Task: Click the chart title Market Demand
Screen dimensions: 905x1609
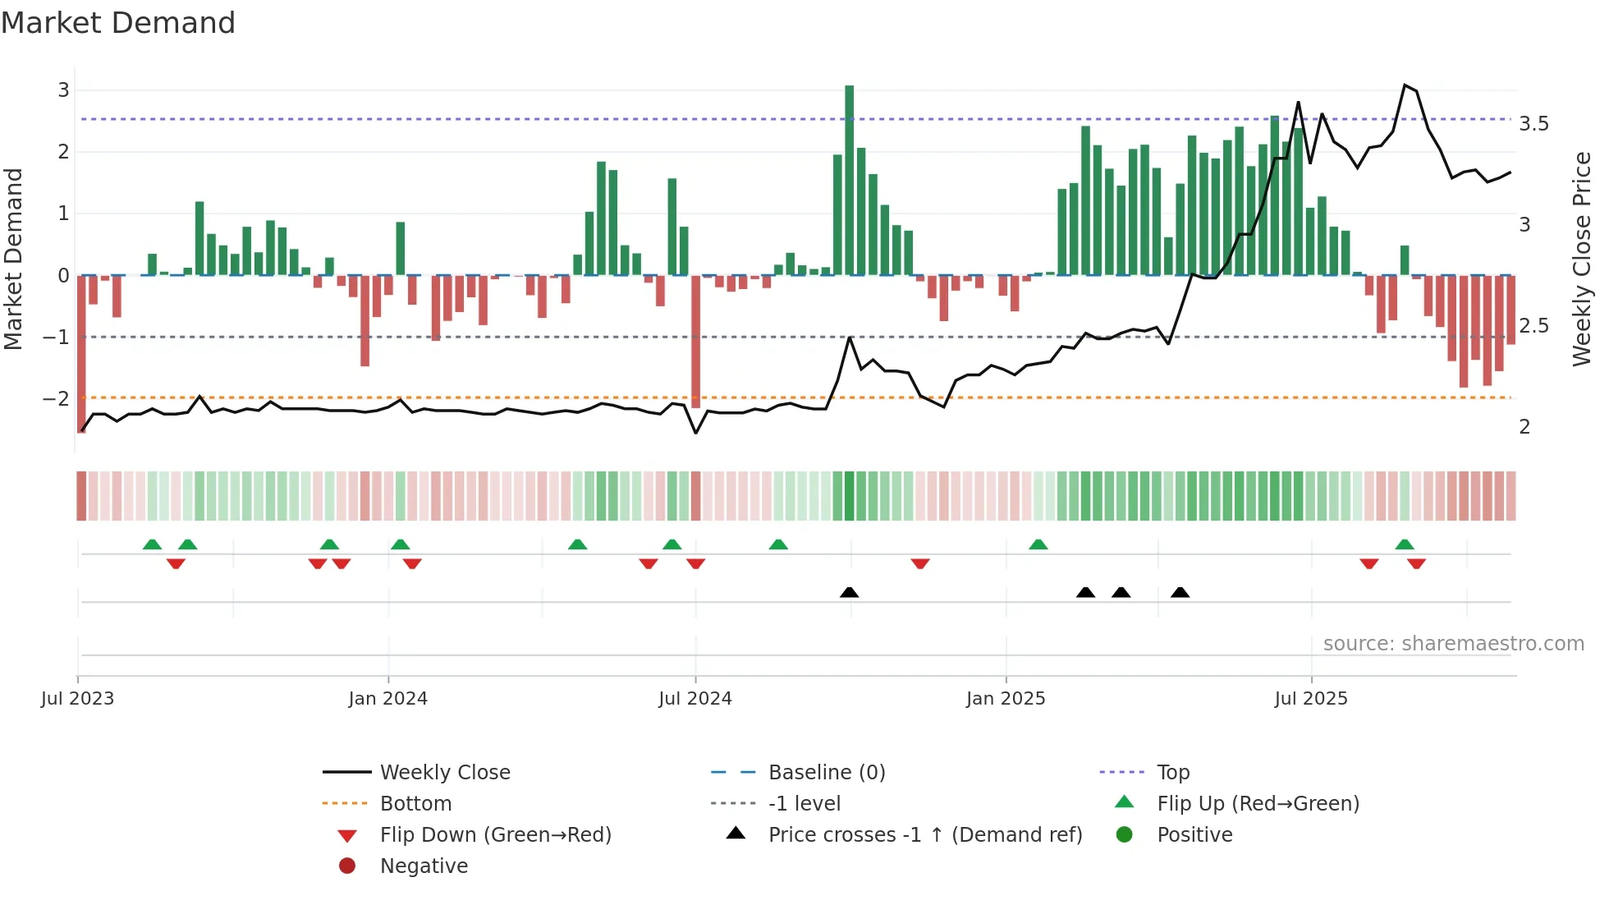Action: pyautogui.click(x=118, y=23)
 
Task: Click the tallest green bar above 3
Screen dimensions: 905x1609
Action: pyautogui.click(x=850, y=181)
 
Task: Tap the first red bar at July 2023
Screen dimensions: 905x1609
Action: pyautogui.click(x=81, y=353)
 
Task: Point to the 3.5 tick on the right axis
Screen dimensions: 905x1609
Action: pyautogui.click(x=1533, y=124)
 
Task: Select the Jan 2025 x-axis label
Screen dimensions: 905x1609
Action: pyautogui.click(x=1006, y=699)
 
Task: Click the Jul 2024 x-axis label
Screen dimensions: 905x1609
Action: pyautogui.click(x=695, y=699)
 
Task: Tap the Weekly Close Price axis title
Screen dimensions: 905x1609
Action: pyautogui.click(x=1581, y=259)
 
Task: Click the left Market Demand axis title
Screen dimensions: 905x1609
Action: pyautogui.click(x=14, y=259)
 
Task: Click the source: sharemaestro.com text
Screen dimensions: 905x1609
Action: pyautogui.click(x=1453, y=644)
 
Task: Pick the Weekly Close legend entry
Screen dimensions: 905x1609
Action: pyautogui.click(x=444, y=773)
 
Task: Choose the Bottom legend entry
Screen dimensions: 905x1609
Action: pyautogui.click(x=415, y=804)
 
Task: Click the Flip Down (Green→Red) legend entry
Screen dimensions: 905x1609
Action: pyautogui.click(x=495, y=835)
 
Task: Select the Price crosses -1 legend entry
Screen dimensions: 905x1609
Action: pyautogui.click(x=924, y=835)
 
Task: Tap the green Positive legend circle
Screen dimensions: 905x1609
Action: pyautogui.click(x=1125, y=835)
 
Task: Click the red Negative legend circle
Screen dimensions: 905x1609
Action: pyautogui.click(x=347, y=866)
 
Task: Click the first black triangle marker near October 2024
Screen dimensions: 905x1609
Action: pyautogui.click(x=850, y=592)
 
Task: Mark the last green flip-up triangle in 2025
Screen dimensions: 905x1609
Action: pyautogui.click(x=1405, y=544)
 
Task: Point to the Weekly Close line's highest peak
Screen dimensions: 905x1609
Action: pyautogui.click(x=1405, y=85)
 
